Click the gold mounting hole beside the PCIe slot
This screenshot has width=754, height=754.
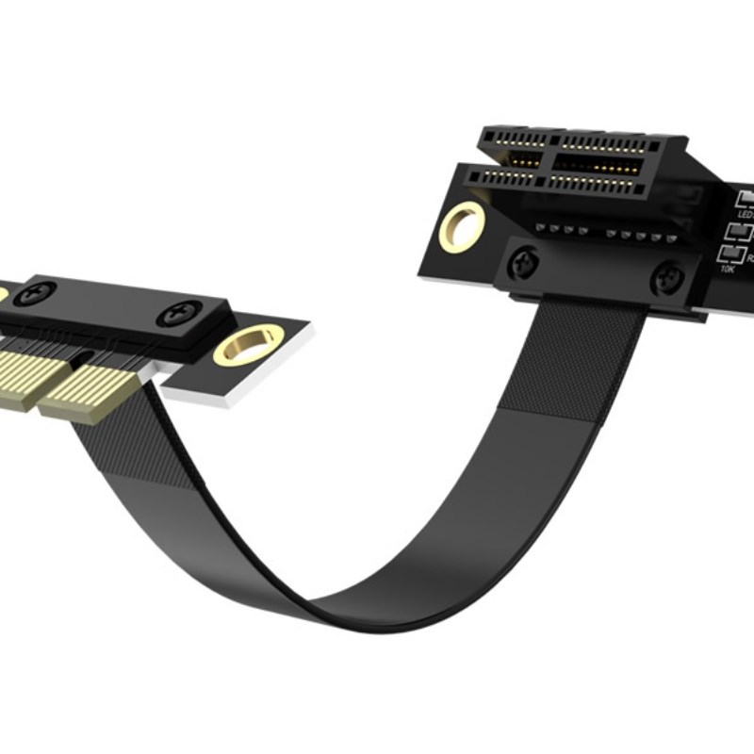[463, 226]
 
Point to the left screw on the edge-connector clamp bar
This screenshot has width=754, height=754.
[35, 292]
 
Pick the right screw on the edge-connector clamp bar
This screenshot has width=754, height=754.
[179, 315]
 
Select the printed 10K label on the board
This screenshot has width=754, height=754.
[728, 270]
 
